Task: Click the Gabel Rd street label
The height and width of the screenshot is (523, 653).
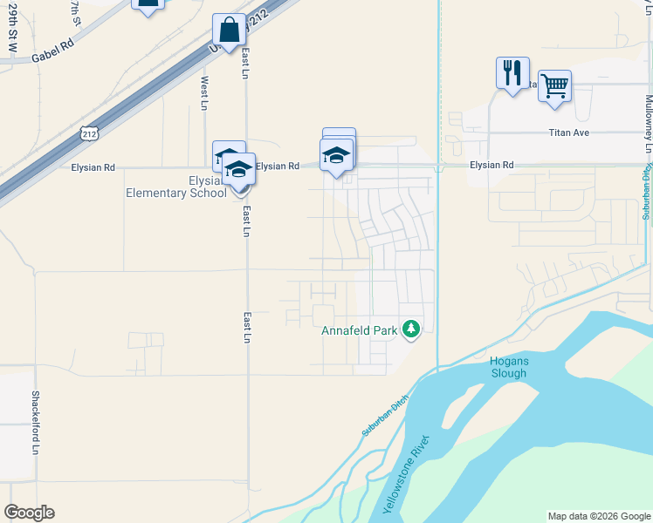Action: click(50, 56)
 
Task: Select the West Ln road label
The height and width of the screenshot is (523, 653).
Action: click(204, 92)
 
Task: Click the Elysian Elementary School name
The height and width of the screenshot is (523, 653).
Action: click(176, 187)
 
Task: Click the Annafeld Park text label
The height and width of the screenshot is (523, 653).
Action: click(360, 330)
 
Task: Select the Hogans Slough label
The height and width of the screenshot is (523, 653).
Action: click(508, 367)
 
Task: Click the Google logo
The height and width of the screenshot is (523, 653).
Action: click(29, 513)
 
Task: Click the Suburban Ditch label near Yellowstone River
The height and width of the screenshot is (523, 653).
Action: click(384, 421)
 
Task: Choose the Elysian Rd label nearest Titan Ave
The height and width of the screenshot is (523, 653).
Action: click(491, 164)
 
